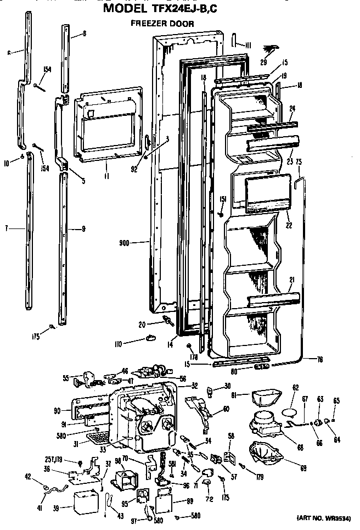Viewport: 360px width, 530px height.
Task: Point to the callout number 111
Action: (248, 44)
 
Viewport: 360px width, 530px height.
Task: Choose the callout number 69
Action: (302, 468)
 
